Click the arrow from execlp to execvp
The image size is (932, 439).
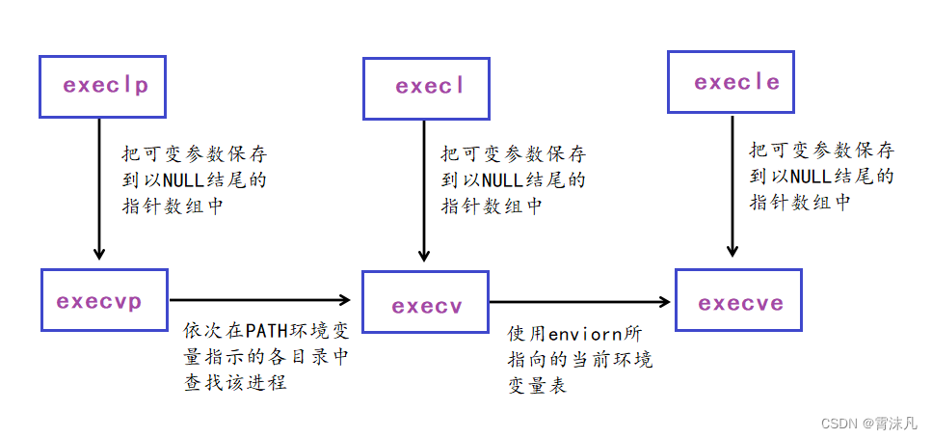pos(100,189)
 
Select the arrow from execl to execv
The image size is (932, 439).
pos(424,191)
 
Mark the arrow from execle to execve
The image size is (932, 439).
pos(732,185)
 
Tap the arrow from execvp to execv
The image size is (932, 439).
pos(260,300)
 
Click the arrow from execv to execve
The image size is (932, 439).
pos(580,302)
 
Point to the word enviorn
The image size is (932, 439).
pos(584,334)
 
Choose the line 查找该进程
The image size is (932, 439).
pos(235,382)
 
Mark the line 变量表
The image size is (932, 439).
pos(538,386)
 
